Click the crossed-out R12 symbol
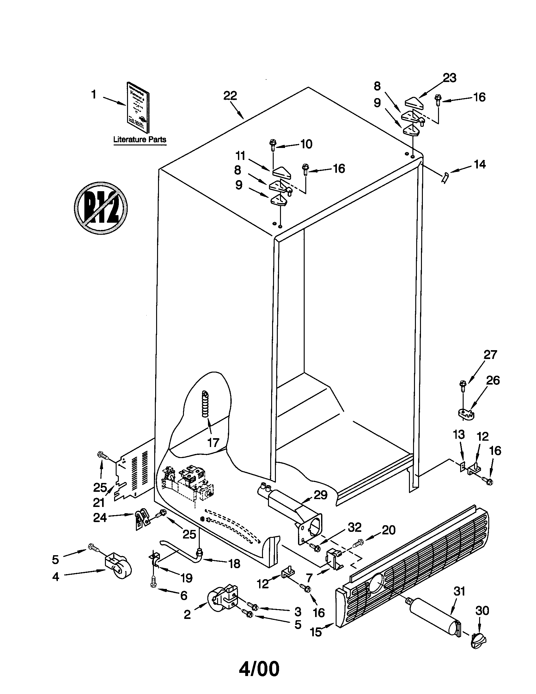click(100, 208)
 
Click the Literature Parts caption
click(140, 139)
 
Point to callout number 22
click(230, 95)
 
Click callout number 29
click(320, 495)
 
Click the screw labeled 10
click(273, 145)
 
